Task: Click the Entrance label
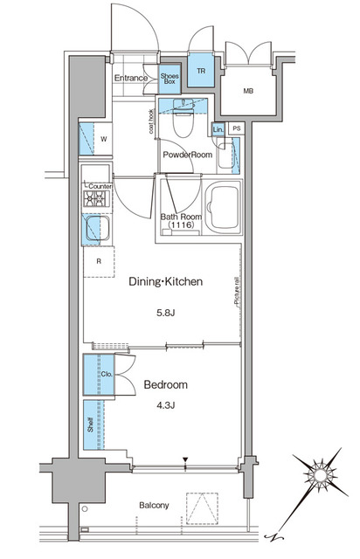point(130,78)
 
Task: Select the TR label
point(201,71)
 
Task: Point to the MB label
point(248,91)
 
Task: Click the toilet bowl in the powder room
point(183,122)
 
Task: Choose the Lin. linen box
point(218,129)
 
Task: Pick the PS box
point(237,128)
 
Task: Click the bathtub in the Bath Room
point(224,207)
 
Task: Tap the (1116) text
point(181,224)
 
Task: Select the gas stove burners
point(96,198)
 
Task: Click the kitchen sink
point(97,228)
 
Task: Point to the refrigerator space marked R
point(99,261)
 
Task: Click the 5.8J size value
point(165,313)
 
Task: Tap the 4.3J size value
point(165,405)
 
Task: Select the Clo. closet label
point(107,374)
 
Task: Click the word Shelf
point(90,424)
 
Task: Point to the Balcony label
point(154,505)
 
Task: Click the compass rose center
point(320,475)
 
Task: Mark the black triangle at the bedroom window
point(185,459)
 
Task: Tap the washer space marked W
point(103,139)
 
